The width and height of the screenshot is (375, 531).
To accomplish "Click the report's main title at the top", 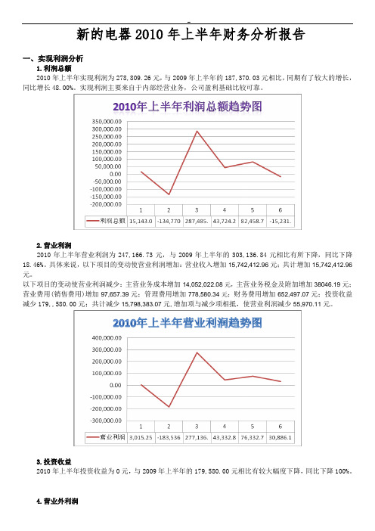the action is coord(191,34).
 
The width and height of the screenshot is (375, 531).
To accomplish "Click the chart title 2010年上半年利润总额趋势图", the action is coord(187,107).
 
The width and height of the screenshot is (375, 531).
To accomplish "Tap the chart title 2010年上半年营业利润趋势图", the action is coord(187,323).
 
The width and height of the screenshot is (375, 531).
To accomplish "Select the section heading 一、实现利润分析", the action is coord(53,58).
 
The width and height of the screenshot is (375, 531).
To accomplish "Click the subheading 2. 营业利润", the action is coord(54,245).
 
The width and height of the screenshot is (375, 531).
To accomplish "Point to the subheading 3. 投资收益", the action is coord(54,461).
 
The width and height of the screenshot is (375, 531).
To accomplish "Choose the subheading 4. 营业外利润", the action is coord(57,501).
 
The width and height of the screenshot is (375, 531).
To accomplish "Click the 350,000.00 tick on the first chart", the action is coord(107,121).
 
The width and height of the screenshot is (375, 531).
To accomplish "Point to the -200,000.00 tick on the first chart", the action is coord(106,204).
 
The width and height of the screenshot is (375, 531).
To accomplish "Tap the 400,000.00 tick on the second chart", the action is coord(107,337).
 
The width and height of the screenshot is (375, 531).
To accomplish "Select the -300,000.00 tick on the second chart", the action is coord(106,421).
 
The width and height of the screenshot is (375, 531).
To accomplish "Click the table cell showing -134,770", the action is coord(169,221).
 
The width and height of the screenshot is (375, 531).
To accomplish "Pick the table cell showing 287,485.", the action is coord(197,221).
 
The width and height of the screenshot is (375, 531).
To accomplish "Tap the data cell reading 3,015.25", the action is coord(141,437).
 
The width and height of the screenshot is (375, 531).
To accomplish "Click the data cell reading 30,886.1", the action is coord(280,437).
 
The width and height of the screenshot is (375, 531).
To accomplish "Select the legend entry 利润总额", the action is coord(106,221).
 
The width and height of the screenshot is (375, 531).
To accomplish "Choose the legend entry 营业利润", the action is coord(106,437).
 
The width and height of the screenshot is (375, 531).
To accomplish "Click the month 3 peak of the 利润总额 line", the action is coord(197,131).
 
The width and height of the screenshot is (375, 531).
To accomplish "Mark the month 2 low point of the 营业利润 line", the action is coord(169,407).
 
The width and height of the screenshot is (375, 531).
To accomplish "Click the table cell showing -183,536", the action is coord(169,437).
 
